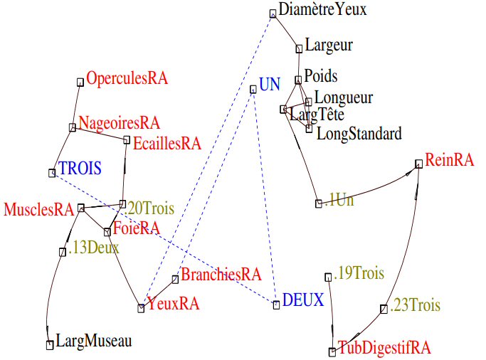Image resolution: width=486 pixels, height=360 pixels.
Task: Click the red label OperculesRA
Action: coord(127,79)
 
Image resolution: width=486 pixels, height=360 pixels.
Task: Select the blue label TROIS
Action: coord(80,169)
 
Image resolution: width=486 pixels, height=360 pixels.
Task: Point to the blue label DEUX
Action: coord(303,300)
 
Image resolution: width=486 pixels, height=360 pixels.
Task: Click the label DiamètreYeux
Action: coord(322,9)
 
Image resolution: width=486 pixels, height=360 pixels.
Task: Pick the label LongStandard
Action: coord(359,133)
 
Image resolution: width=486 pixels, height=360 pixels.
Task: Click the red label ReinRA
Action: coord(449,160)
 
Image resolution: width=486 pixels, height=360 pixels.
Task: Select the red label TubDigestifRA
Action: coord(384,348)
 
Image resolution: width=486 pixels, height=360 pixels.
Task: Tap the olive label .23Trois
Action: coord(415,305)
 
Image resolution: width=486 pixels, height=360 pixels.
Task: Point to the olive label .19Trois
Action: coord(359,273)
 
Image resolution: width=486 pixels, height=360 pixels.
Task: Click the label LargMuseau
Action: coord(93,342)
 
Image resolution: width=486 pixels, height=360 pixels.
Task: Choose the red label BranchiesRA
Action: coord(221,274)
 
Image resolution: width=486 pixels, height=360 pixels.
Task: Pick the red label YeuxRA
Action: coord(173,305)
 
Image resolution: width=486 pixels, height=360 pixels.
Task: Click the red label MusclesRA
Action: coord(39,209)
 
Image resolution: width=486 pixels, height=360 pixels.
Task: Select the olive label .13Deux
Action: coord(95,248)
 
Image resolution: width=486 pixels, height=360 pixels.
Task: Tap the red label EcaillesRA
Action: coord(167,143)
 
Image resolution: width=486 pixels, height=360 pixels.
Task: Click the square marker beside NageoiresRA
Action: coord(73,127)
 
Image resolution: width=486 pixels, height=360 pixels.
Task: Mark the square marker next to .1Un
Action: coord(319,203)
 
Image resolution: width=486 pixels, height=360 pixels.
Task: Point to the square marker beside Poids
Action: coord(298,80)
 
